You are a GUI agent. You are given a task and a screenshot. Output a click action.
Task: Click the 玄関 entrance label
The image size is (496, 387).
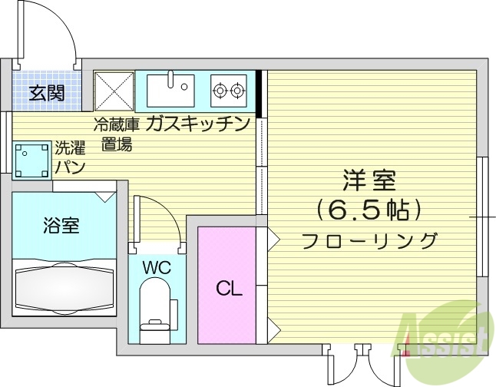pyautogui.click(x=47, y=94)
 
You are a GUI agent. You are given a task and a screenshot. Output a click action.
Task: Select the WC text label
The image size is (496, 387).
pyautogui.click(x=157, y=268)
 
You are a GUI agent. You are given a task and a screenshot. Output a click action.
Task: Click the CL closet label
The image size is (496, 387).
pyautogui.click(x=229, y=289)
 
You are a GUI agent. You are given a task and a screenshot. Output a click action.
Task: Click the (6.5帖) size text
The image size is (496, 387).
pyautogui.click(x=369, y=210)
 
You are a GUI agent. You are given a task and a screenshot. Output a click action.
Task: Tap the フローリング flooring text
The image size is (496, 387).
pyautogui.click(x=369, y=240)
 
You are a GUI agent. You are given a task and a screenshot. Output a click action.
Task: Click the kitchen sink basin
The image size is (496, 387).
pyautogui.click(x=171, y=89)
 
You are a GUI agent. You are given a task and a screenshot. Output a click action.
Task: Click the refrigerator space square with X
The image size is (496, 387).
pyautogui.click(x=114, y=90)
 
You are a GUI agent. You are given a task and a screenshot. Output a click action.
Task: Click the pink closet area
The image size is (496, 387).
pyautogui.click(x=228, y=276)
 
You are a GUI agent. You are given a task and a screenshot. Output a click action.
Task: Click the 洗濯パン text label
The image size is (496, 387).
pyautogui.click(x=70, y=157)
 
